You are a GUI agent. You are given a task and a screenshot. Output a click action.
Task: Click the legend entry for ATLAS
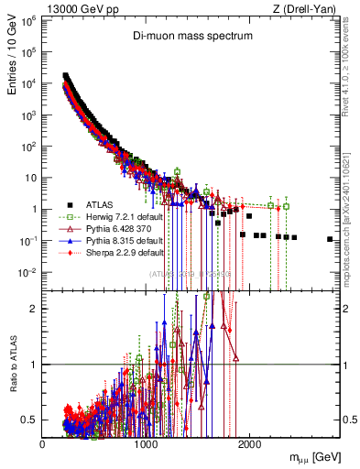(x=101, y=204)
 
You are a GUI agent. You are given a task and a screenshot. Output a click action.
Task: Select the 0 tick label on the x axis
(x=42, y=443)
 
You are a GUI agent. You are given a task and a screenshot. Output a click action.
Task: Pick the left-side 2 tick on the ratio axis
(x=34, y=309)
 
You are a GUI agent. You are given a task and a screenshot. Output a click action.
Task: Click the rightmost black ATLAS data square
(x=330, y=239)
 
